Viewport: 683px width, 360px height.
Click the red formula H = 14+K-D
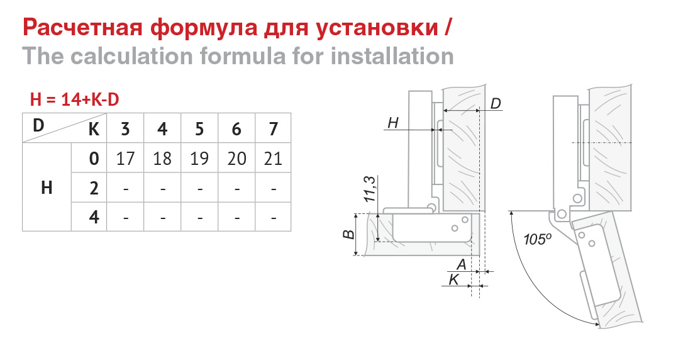pos(74,100)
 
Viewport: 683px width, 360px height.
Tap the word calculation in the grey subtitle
pos(131,56)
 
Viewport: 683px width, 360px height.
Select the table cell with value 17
pos(125,158)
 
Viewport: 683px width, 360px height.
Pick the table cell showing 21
pos(273,158)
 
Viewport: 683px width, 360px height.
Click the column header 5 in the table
pos(199,128)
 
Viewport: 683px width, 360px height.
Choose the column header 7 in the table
pos(273,128)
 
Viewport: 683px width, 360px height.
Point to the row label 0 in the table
pos(94,158)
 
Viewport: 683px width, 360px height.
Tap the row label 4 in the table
pos(94,217)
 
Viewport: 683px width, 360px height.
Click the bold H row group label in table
pos(47,188)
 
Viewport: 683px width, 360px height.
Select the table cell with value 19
pos(199,158)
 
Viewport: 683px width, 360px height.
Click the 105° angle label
pos(538,239)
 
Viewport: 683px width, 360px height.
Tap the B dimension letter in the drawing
pos(348,235)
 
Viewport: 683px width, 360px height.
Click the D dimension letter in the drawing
pos(495,104)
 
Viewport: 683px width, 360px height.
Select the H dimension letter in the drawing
pos(393,123)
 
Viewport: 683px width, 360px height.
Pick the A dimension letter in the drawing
pos(461,264)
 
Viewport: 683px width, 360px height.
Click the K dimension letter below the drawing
pos(453,279)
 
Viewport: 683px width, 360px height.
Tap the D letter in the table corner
pos(38,125)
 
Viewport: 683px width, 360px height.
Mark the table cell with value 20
pos(236,158)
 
